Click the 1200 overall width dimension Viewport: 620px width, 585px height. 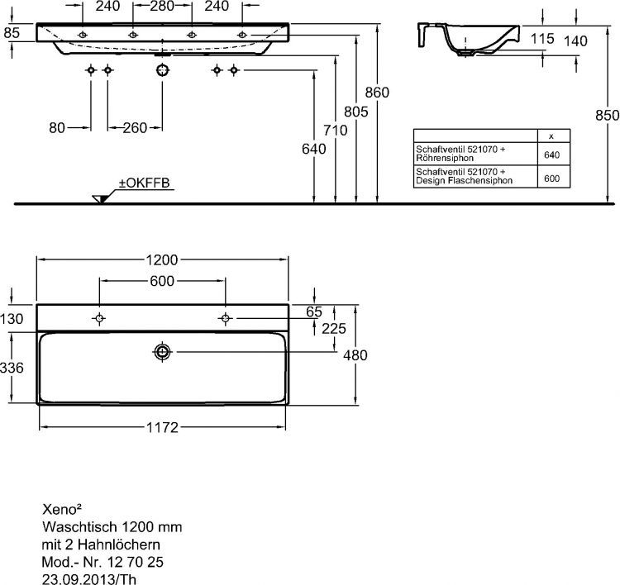[162, 259]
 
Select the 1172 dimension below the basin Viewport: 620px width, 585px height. [162, 427]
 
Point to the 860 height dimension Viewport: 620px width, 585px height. [377, 93]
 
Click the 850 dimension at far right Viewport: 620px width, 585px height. [607, 116]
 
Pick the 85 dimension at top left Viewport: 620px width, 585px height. [12, 33]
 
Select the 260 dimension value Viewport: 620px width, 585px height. [135, 127]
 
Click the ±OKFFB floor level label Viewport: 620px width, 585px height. [145, 183]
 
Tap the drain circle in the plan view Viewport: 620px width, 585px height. [162, 353]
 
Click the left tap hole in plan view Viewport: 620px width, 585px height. [100, 319]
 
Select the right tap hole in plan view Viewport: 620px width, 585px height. [224, 319]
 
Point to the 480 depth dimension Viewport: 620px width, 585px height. [355, 354]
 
